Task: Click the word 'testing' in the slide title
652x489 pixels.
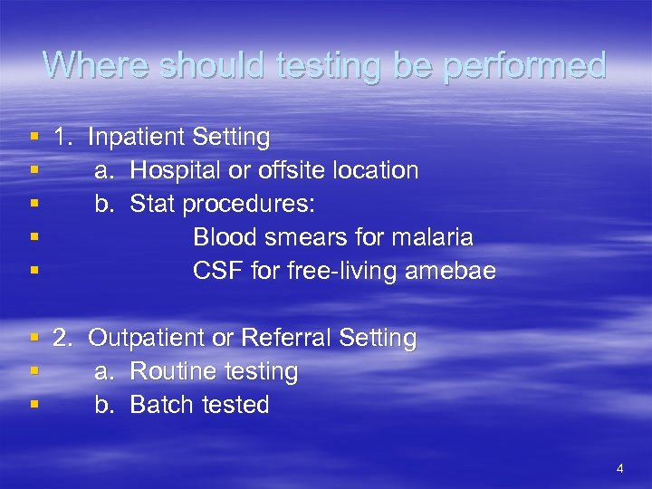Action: [x=303, y=65]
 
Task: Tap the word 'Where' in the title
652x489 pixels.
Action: [x=86, y=65]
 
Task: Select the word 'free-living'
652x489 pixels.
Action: [x=342, y=271]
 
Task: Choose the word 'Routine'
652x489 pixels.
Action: [x=174, y=371]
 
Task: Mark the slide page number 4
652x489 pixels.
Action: [x=619, y=468]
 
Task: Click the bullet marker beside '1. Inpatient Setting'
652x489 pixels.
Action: [x=34, y=138]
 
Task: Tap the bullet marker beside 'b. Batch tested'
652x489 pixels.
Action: [x=34, y=405]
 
